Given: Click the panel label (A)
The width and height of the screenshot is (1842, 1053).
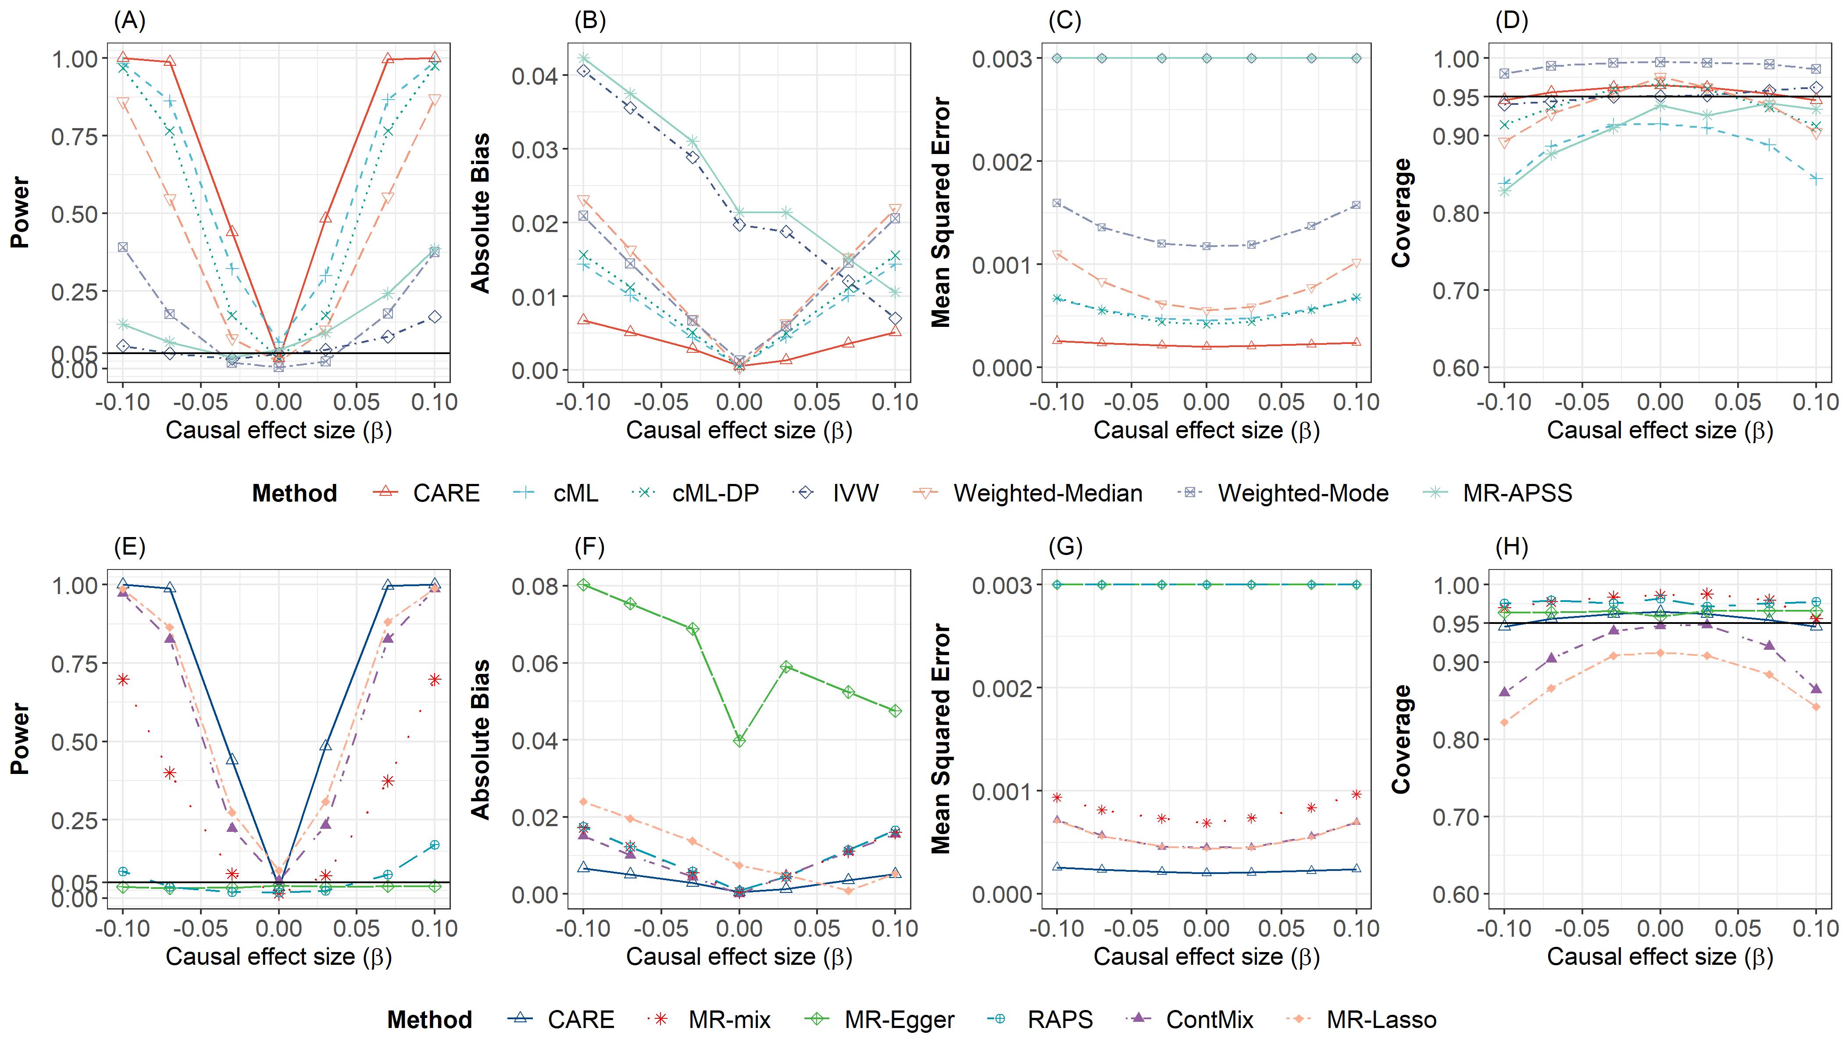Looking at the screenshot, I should (x=129, y=21).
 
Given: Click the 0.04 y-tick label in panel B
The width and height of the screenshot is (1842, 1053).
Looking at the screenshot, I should (x=534, y=76).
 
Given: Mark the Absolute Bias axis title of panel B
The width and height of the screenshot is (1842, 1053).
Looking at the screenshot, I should (x=481, y=213).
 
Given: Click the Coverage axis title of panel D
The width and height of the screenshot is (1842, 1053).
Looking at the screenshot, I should (x=1402, y=213).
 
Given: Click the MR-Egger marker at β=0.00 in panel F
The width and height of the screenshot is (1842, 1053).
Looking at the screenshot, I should (x=739, y=741).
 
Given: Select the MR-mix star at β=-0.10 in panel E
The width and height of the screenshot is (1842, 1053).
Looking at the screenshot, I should (x=123, y=679).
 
